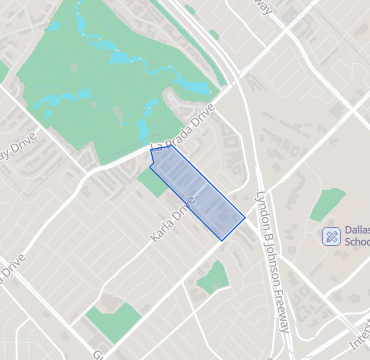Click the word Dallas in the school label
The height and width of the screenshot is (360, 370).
tap(356, 230)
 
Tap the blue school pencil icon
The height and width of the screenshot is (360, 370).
tap(331, 236)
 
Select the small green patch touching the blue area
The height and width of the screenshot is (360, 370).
tap(154, 181)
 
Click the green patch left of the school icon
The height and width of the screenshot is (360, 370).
tap(326, 204)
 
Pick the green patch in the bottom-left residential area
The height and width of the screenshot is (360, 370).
tap(112, 323)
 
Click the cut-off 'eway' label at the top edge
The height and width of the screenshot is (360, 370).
tap(262, 8)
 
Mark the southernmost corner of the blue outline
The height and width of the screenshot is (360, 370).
tap(221, 240)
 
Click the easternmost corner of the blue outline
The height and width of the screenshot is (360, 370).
tap(245, 216)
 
